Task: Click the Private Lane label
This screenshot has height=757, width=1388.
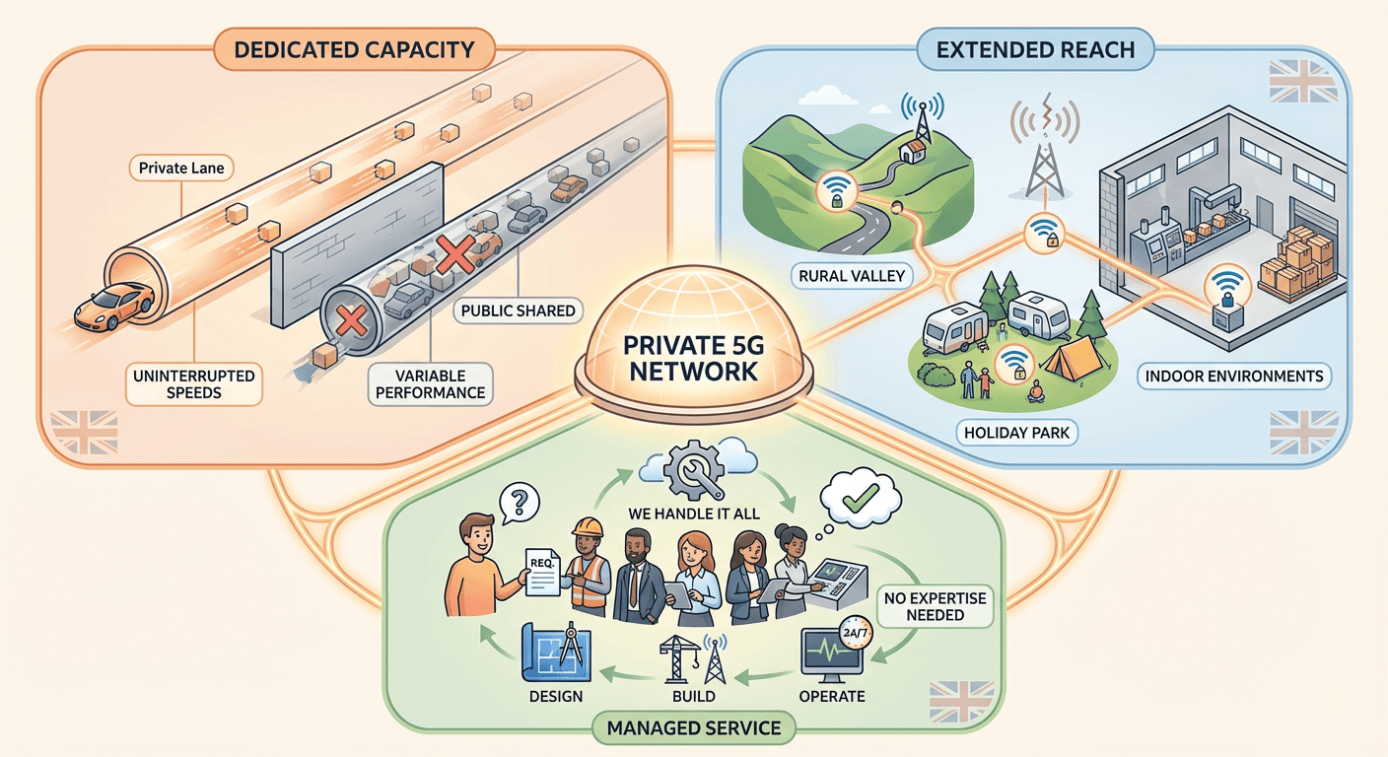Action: tap(181, 168)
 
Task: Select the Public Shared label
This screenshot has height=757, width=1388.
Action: tap(518, 310)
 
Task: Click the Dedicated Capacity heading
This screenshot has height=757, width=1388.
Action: tap(355, 48)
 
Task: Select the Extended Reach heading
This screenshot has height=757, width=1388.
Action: tap(1034, 48)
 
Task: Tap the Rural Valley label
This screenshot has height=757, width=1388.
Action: tap(850, 275)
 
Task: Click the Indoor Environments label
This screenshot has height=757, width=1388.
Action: tap(1233, 376)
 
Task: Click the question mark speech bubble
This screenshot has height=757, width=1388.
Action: tap(520, 504)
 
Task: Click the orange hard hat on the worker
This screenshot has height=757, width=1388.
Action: tap(589, 527)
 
